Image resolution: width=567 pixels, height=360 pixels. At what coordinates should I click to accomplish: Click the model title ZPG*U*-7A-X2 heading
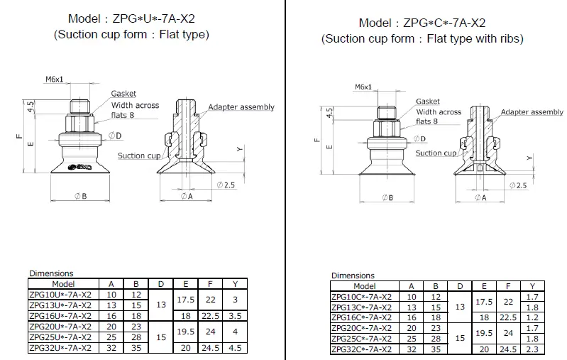point(131,18)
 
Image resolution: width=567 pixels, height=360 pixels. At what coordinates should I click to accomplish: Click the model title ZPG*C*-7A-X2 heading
point(422,23)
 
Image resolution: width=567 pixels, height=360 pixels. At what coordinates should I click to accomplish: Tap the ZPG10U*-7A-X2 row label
point(61,295)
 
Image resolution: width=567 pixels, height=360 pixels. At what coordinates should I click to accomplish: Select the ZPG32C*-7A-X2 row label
point(361,349)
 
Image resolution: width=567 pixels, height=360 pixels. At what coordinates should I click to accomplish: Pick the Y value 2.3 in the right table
point(533,349)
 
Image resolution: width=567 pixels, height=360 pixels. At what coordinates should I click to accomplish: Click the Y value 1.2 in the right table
point(533,317)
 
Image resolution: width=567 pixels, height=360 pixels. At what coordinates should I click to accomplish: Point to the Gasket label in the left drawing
point(123,94)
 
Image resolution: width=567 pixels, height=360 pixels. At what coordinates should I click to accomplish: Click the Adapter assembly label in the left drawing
point(241,107)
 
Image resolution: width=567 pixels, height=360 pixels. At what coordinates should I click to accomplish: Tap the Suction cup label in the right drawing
point(436,153)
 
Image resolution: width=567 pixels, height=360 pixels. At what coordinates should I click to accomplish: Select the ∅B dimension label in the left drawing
point(79,196)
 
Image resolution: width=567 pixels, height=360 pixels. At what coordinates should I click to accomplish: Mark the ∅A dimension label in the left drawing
point(187,196)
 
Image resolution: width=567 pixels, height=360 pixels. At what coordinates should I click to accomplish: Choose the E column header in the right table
point(485,286)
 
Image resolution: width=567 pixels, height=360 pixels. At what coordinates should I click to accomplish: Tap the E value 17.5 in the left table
point(186,300)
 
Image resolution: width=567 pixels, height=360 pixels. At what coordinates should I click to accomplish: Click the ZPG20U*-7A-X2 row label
point(61,327)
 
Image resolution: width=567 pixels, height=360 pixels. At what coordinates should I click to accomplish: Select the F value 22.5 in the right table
point(508,317)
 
